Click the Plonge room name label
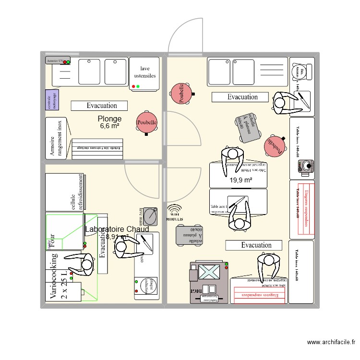click(109, 119)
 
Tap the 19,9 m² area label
click(240, 180)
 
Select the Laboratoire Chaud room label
click(117, 229)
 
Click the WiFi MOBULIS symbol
click(174, 213)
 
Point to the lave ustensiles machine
click(144, 74)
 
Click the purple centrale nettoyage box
click(52, 99)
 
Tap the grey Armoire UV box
click(58, 61)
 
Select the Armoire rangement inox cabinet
click(57, 138)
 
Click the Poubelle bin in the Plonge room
click(146, 122)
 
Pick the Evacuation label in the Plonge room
click(100, 106)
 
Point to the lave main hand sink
click(150, 216)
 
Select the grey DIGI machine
click(210, 283)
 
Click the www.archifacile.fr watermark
click(332, 342)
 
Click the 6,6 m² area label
click(109, 126)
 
